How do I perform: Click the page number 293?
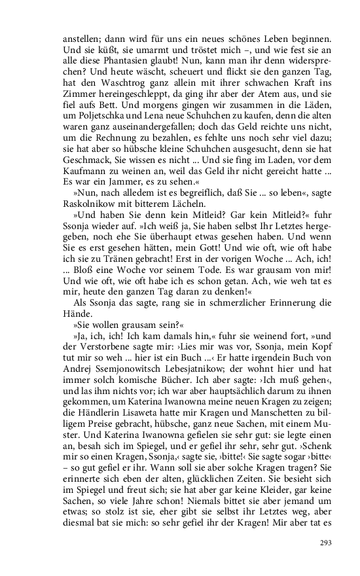pyautogui.click(x=326, y=543)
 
